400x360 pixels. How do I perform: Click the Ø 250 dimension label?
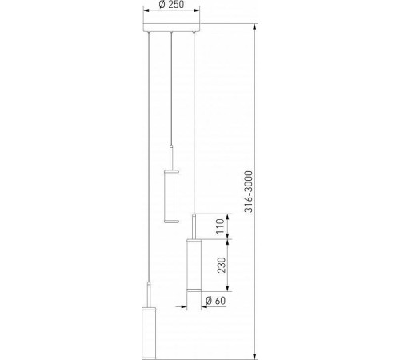(x=172, y=5)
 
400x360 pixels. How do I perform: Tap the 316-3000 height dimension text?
(x=249, y=192)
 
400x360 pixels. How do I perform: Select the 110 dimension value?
(x=220, y=226)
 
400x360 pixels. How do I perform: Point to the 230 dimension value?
(x=222, y=265)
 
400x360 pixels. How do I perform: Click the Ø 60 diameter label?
(x=216, y=301)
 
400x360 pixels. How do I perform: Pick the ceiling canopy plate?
(x=171, y=27)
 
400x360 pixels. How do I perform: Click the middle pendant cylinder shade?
(x=171, y=196)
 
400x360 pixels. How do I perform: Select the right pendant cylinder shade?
(x=194, y=266)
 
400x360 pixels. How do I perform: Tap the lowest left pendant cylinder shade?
(x=149, y=334)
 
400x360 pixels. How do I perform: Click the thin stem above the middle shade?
(x=171, y=158)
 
